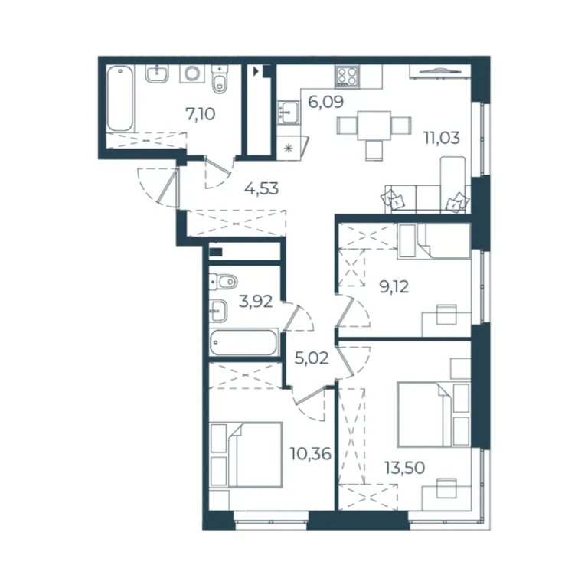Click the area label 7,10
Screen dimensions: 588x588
(201, 114)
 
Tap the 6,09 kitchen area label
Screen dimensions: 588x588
(325, 102)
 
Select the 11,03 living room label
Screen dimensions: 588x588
(441, 138)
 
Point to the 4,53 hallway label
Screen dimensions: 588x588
(261, 188)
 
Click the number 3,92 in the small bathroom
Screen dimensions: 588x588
(256, 302)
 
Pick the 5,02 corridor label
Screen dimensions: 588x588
(312, 358)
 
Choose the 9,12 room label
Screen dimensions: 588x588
(394, 287)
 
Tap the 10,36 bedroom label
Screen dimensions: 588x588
(311, 454)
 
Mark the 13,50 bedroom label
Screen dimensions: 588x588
(404, 468)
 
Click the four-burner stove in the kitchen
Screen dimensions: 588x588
(347, 76)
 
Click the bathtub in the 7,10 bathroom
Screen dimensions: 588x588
(120, 99)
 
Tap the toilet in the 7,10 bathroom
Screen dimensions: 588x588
(220, 80)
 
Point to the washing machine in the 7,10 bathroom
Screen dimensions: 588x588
(192, 73)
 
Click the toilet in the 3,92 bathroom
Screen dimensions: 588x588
(223, 282)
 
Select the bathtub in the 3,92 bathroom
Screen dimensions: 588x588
(243, 342)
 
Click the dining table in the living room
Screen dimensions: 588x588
(374, 126)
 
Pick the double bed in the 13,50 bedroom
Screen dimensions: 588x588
(433, 414)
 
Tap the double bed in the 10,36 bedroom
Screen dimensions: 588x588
(246, 455)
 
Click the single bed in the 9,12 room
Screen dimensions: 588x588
(434, 241)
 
